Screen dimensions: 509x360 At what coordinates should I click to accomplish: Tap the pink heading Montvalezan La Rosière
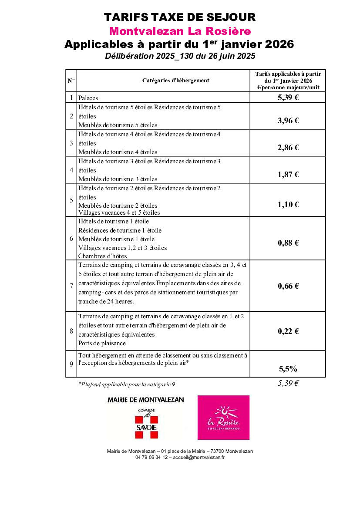(180, 31)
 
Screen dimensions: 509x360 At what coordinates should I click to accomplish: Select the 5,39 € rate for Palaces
(288, 97)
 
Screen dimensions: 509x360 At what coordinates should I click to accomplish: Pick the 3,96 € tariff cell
(288, 121)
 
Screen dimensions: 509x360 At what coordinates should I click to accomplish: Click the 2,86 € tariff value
(288, 148)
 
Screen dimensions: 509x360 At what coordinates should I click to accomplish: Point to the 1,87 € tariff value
(288, 175)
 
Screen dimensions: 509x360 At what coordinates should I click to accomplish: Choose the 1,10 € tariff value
(288, 204)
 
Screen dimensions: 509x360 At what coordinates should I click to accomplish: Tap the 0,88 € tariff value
(288, 243)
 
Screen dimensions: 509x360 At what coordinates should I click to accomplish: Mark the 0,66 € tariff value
(288, 286)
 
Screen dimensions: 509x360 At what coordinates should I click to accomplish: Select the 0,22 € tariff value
(288, 331)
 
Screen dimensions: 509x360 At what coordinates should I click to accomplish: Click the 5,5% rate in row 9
(288, 369)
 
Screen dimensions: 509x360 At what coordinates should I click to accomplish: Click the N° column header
(71, 81)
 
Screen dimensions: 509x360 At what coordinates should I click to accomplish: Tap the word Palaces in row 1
(88, 98)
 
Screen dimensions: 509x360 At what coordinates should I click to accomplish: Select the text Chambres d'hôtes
(103, 256)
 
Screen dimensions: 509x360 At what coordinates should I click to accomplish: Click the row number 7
(71, 286)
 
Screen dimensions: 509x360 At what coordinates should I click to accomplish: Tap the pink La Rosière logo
(223, 418)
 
